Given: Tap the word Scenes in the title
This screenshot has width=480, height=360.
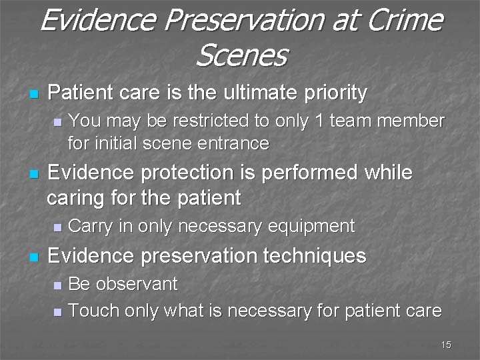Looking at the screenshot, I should coord(241,55).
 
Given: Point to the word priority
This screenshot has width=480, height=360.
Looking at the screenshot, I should coord(334,93).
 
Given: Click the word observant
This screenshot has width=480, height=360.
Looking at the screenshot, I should coord(137,283).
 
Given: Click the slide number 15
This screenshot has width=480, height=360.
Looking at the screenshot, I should coord(446,345).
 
